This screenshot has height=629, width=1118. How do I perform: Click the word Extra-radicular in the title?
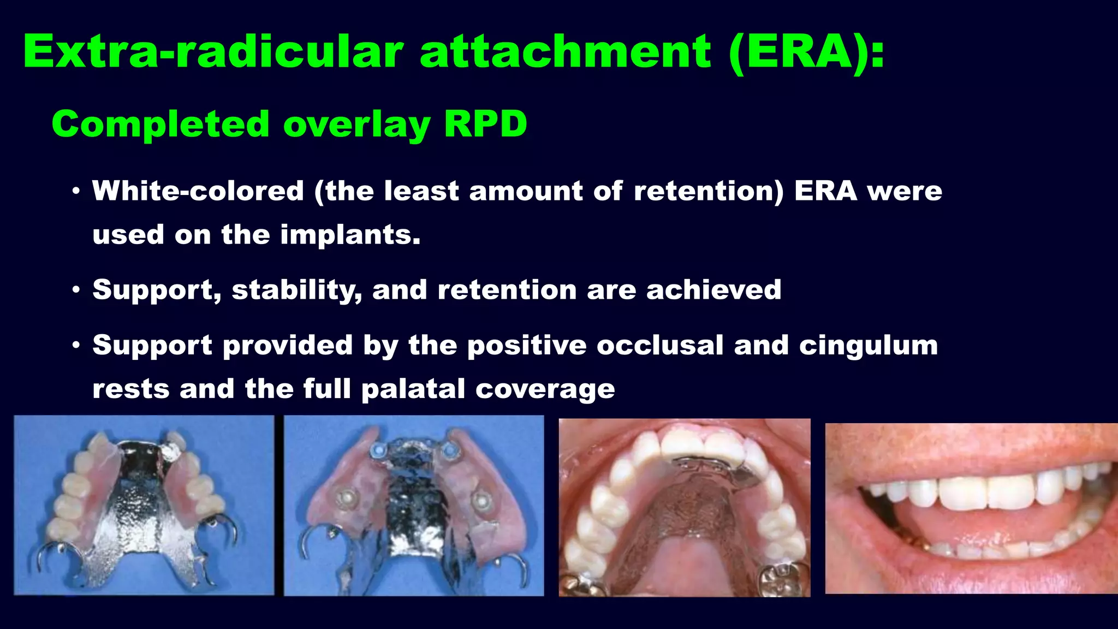click(x=213, y=52)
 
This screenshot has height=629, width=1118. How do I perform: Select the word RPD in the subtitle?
click(x=485, y=124)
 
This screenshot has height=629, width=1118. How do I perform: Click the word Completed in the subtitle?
click(x=160, y=124)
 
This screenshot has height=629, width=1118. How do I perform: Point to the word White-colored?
click(x=198, y=191)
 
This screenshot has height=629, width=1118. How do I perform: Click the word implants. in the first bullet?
click(x=350, y=235)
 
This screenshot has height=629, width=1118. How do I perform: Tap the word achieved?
click(x=713, y=289)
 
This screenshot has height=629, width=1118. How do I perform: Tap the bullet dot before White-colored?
click(x=76, y=192)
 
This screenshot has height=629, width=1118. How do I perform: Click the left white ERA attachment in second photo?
click(x=345, y=498)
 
